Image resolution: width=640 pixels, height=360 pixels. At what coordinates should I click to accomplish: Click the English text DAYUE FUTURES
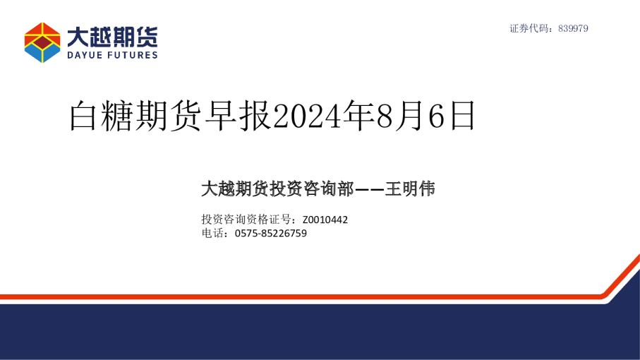112,55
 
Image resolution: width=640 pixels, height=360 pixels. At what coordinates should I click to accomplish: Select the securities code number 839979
573,29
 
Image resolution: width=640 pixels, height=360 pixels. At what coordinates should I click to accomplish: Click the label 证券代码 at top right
530,29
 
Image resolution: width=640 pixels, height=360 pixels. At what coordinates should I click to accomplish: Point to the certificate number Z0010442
325,220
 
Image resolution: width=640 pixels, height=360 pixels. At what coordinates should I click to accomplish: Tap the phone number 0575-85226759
270,234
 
